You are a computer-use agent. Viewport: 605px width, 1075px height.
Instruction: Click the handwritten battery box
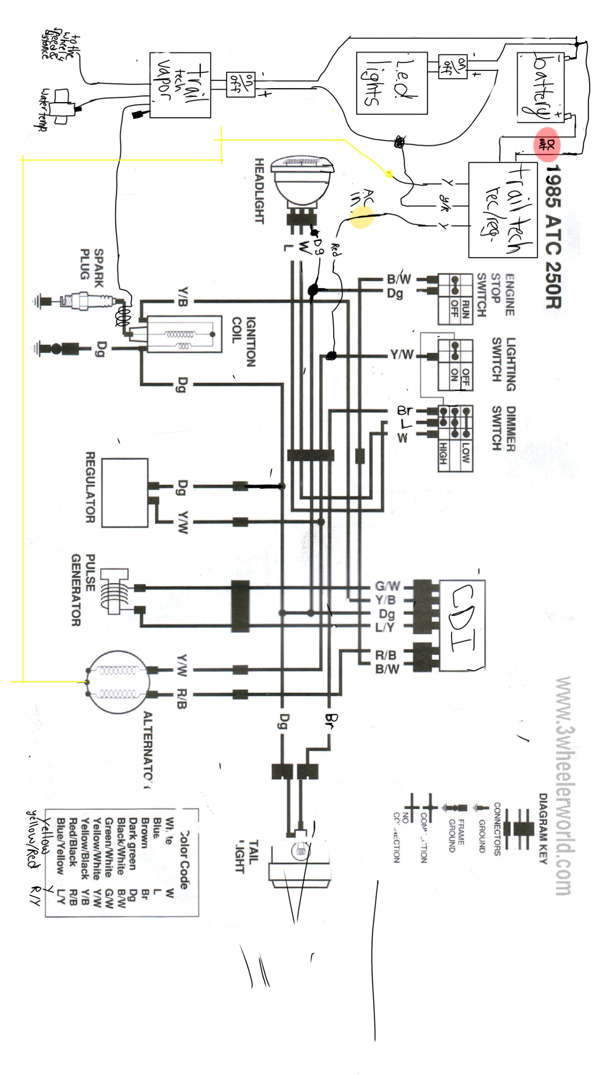(540, 87)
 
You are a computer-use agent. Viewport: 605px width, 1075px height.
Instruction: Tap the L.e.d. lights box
(392, 83)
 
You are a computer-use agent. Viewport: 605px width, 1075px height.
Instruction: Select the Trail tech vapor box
(180, 85)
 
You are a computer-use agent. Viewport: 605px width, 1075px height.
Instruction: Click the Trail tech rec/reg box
(502, 210)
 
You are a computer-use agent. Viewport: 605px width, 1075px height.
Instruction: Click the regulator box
(124, 493)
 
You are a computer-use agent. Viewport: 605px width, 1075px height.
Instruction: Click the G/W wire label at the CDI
(387, 586)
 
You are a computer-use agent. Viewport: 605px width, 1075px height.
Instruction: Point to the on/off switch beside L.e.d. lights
(452, 66)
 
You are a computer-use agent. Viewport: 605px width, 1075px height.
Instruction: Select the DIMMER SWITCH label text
(504, 428)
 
